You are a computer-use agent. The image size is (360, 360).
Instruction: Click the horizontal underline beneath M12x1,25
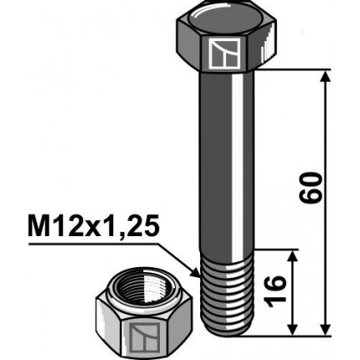92,244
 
